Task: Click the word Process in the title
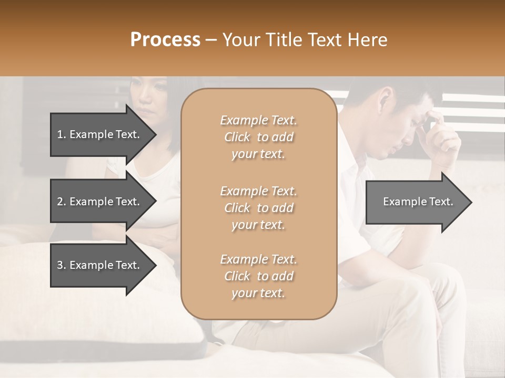pyautogui.click(x=165, y=40)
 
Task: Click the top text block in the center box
pyautogui.click(x=258, y=137)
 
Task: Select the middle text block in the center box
pyautogui.click(x=258, y=207)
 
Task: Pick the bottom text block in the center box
pyautogui.click(x=258, y=276)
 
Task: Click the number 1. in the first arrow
pyautogui.click(x=62, y=134)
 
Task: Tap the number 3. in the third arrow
pyautogui.click(x=62, y=265)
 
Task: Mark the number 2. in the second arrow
pyautogui.click(x=62, y=202)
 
